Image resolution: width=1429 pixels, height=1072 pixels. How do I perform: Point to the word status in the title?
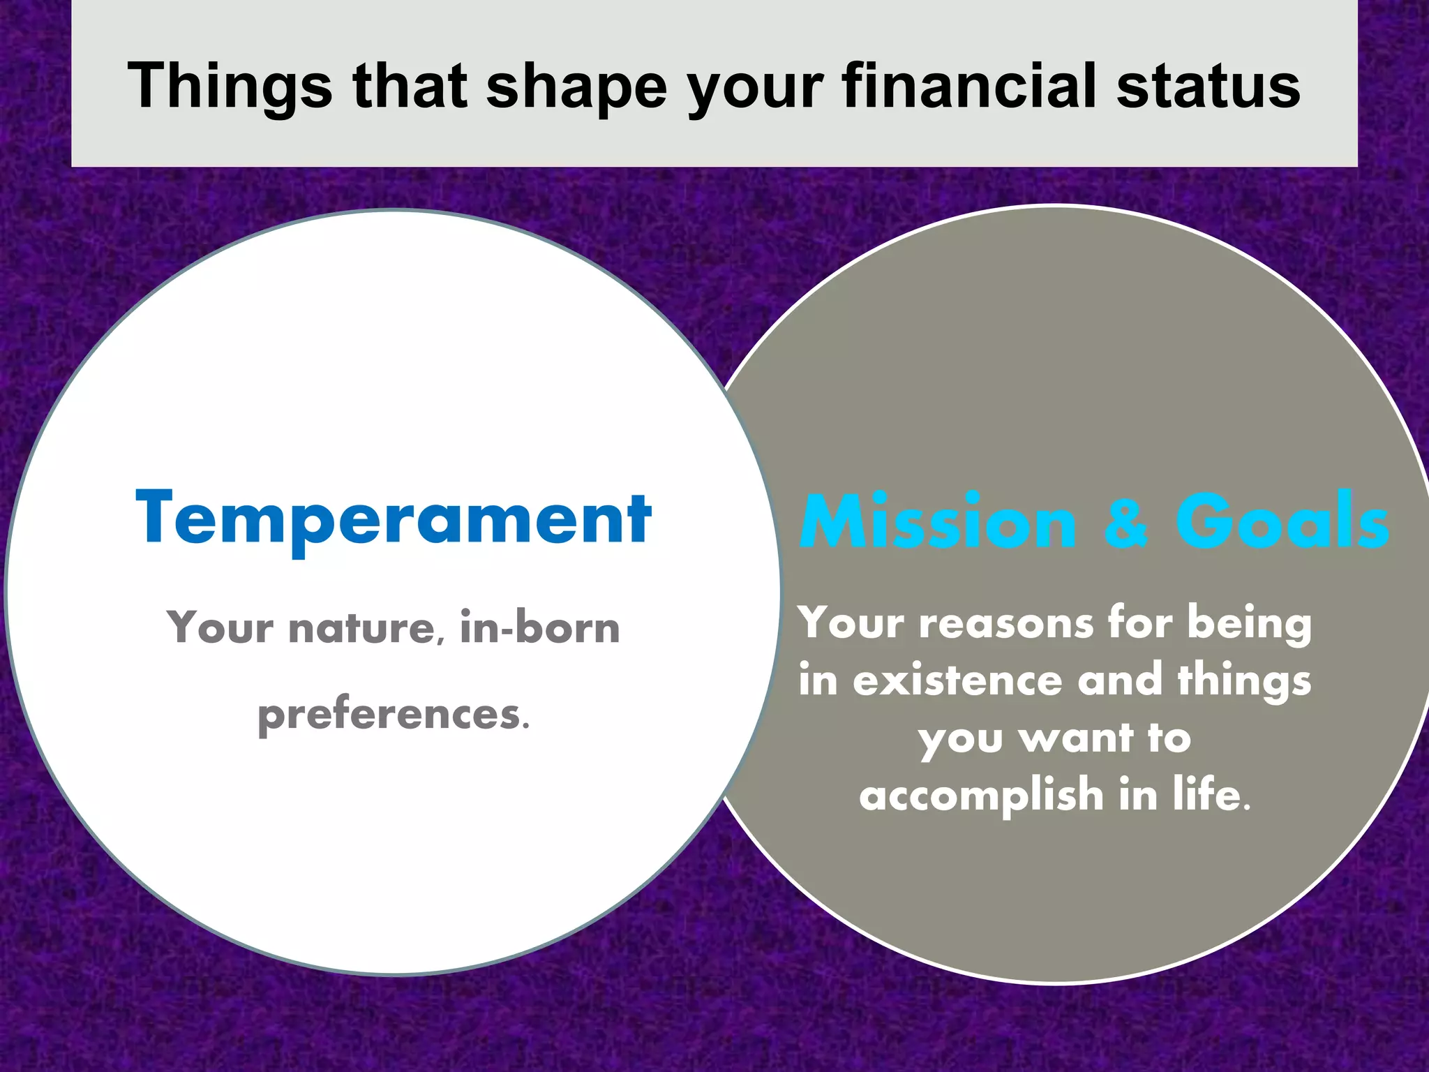(x=1209, y=87)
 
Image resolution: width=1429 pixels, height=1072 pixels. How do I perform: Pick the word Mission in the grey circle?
(x=938, y=522)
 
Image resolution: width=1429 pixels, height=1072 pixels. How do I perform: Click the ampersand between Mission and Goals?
(x=1125, y=522)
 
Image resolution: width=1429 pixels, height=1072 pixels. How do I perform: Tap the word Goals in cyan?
(x=1282, y=522)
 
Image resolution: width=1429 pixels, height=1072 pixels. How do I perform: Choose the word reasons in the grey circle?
(x=1006, y=623)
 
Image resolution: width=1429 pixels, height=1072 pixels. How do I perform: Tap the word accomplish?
(x=981, y=796)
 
